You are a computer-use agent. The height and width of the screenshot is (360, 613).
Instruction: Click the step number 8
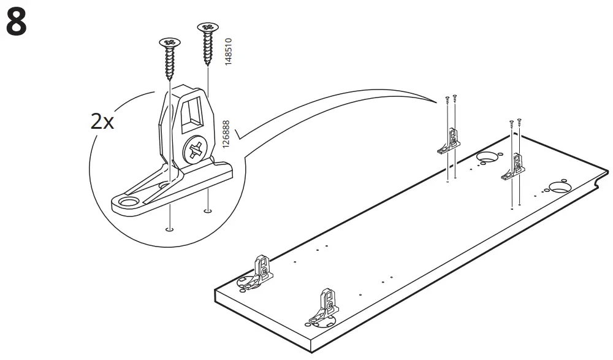click(x=16, y=23)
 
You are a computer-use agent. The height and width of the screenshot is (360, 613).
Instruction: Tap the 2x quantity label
click(x=103, y=121)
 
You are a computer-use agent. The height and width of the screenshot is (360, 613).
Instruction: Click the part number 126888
click(x=226, y=134)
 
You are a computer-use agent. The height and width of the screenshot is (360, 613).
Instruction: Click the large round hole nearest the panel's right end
click(x=560, y=186)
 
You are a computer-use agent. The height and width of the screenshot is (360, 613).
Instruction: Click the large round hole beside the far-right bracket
click(x=487, y=157)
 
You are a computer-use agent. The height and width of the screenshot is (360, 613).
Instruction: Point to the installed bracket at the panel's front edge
click(x=324, y=308)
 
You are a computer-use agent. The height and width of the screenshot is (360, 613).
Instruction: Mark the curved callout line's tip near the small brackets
click(x=429, y=99)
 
